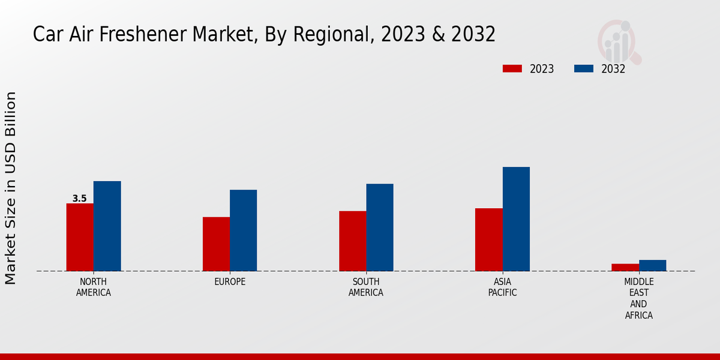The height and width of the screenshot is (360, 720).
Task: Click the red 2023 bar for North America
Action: coord(80,237)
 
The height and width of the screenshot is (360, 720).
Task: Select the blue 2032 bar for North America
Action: coord(107,226)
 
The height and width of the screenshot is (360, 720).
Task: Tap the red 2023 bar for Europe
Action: coord(216,244)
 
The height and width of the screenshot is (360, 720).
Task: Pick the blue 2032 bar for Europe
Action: coord(243,230)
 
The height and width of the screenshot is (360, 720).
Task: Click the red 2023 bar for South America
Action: coord(352,241)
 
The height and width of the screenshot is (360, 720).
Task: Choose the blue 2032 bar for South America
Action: coord(380,227)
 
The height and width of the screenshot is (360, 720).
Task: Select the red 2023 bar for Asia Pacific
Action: coord(488,239)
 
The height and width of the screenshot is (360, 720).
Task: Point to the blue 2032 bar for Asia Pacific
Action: coord(516,219)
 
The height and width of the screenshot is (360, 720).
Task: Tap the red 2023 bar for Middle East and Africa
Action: coord(625,268)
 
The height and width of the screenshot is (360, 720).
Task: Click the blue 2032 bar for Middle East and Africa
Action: coord(652,265)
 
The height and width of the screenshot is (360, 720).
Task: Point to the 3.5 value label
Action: coord(79,199)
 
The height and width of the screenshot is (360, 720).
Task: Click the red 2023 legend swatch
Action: coord(512,68)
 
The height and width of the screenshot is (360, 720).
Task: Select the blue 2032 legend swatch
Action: coord(584,68)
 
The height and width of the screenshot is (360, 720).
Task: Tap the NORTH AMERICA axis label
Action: coord(93,287)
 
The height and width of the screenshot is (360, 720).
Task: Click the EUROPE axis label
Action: coord(230,282)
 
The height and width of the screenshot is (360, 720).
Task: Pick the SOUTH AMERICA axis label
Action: coord(366,287)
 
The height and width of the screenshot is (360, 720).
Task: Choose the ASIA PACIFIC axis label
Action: coord(502,287)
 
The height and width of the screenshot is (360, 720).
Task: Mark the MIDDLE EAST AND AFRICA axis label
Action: coord(638,298)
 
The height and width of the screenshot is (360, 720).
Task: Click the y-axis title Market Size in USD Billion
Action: coord(11,188)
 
